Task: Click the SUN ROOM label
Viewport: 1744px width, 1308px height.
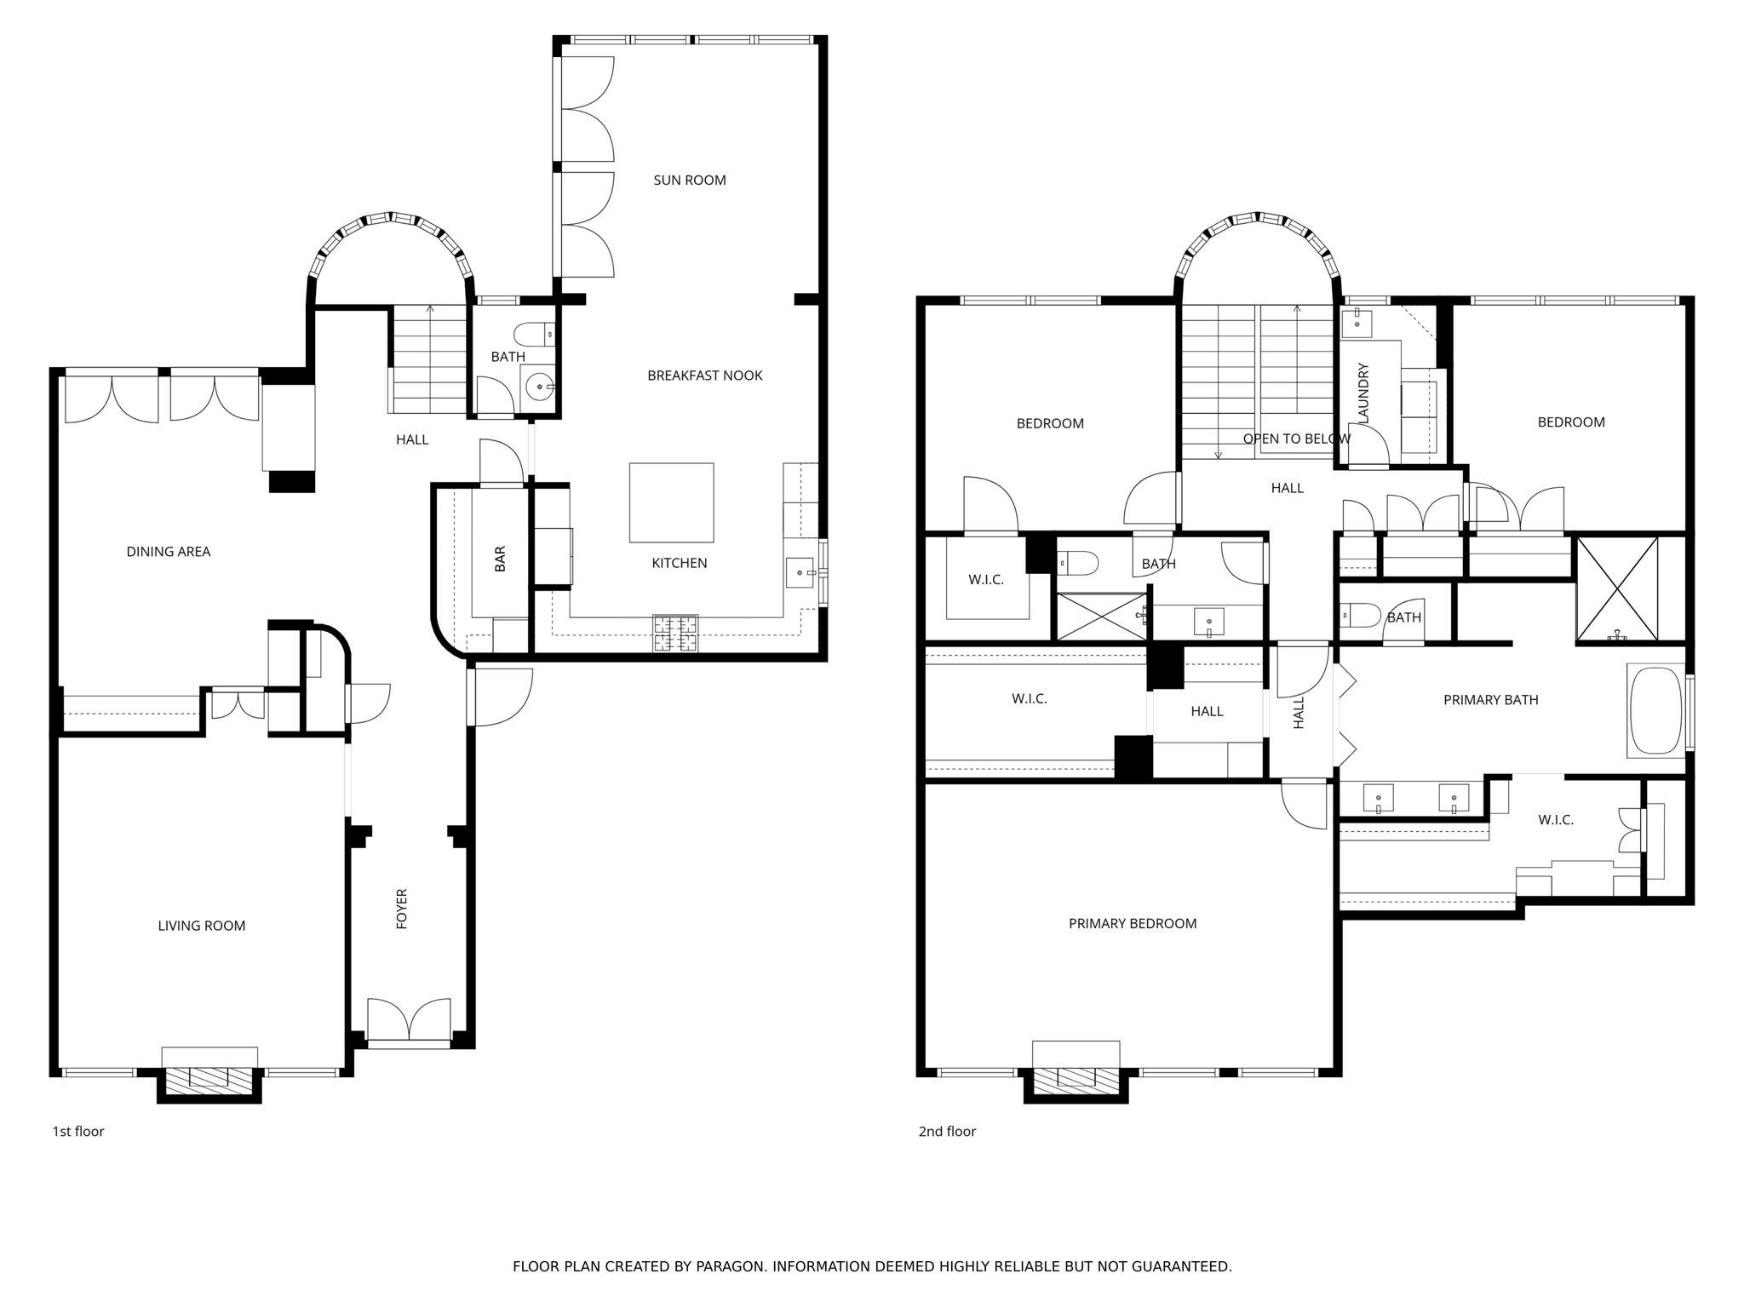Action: pyautogui.click(x=689, y=181)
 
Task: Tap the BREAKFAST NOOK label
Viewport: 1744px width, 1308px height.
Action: pyautogui.click(x=704, y=376)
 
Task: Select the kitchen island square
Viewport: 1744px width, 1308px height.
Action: pyautogui.click(x=671, y=502)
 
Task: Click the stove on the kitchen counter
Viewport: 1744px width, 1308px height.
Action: pyautogui.click(x=675, y=634)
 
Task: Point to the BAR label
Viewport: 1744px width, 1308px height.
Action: pyautogui.click(x=500, y=559)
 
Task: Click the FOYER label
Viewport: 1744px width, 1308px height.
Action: pyautogui.click(x=402, y=908)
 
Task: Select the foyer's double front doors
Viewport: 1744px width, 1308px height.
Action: pyautogui.click(x=409, y=1020)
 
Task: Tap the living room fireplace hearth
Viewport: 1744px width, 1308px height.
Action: pyautogui.click(x=209, y=1081)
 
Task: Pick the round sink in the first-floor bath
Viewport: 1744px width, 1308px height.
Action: pyautogui.click(x=538, y=387)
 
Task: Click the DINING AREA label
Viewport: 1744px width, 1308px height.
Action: pyautogui.click(x=168, y=552)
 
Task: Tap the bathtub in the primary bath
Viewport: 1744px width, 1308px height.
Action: pyautogui.click(x=1655, y=711)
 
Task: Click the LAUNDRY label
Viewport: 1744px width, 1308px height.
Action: pyautogui.click(x=1363, y=393)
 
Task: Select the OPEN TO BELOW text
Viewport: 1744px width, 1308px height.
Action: pyautogui.click(x=1296, y=439)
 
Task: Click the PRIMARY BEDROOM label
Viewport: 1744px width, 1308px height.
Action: pyautogui.click(x=1132, y=924)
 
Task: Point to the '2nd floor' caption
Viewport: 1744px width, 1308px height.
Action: pyautogui.click(x=947, y=1132)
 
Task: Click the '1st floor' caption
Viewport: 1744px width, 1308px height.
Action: pyautogui.click(x=78, y=1132)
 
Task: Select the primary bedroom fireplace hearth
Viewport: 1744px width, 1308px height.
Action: pyautogui.click(x=1076, y=1081)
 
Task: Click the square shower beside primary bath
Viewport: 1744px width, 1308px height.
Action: pyautogui.click(x=1616, y=588)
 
